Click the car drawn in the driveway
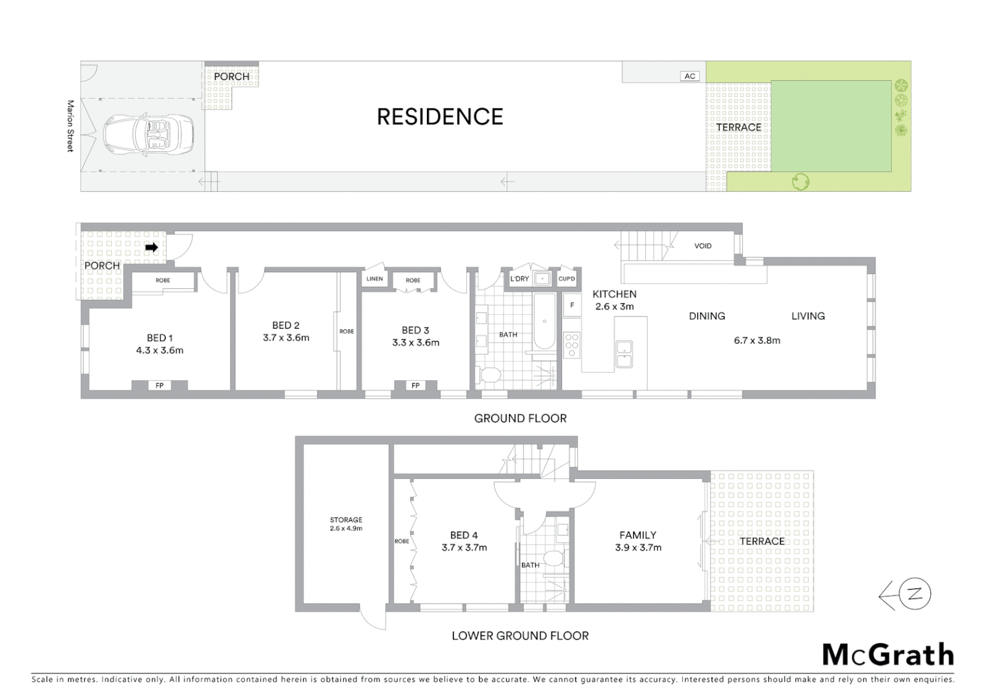tap(149, 134)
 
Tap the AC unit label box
tap(690, 76)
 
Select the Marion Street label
tap(70, 126)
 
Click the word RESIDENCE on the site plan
tap(440, 117)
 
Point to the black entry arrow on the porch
tap(152, 248)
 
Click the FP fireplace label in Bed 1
tap(160, 386)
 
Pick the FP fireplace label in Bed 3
tap(415, 386)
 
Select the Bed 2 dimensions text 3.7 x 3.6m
tap(286, 337)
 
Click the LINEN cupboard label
tap(375, 279)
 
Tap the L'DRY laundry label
tap(519, 279)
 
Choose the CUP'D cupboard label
tap(566, 279)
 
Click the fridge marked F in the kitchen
tap(572, 305)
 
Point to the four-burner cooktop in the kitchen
tap(572, 345)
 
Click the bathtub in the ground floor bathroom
tap(545, 323)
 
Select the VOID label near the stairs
tap(703, 246)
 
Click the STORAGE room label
tap(346, 520)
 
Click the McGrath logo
tap(888, 655)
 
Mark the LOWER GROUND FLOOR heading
tap(520, 636)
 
